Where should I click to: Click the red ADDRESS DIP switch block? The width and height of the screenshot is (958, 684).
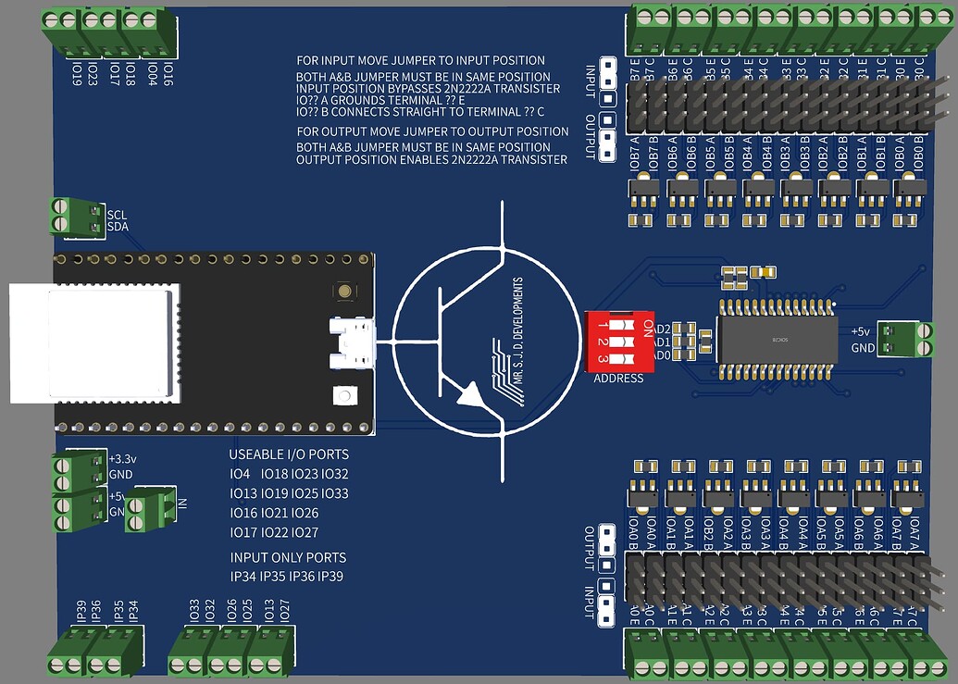coord(617,341)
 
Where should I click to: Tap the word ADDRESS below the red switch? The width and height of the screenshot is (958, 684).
coord(618,379)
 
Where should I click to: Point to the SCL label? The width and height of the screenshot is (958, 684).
coord(117,214)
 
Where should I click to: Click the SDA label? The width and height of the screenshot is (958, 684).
coord(118,227)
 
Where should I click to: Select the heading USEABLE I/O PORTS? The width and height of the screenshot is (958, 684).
coord(289,454)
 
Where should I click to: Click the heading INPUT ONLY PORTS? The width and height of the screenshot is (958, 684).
coord(288,557)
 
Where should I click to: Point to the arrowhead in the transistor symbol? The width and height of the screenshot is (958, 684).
coord(471,397)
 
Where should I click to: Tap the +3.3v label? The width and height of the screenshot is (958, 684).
coord(122,459)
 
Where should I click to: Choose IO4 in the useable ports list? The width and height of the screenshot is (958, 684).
coord(240,474)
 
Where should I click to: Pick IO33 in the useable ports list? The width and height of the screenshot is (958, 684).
coord(334,493)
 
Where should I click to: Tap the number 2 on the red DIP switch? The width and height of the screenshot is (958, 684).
coord(603,342)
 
